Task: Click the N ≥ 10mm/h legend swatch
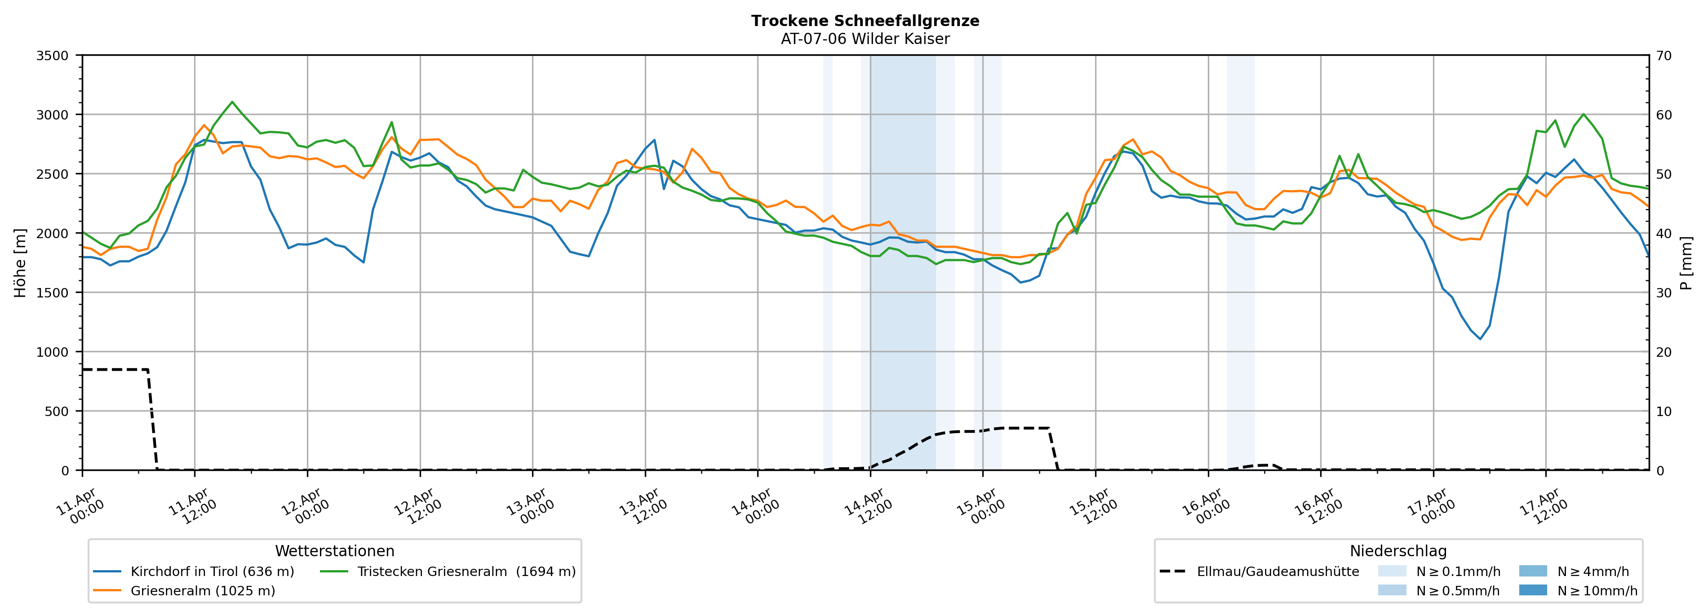coord(1532,590)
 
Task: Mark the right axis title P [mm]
coord(1686,262)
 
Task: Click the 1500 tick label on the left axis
coord(53,292)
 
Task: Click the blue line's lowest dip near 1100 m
coord(1480,339)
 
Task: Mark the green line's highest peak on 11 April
coord(232,102)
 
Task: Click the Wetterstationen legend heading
coord(334,551)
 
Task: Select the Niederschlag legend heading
coord(1397,551)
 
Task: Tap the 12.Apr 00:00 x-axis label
coord(301,507)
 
